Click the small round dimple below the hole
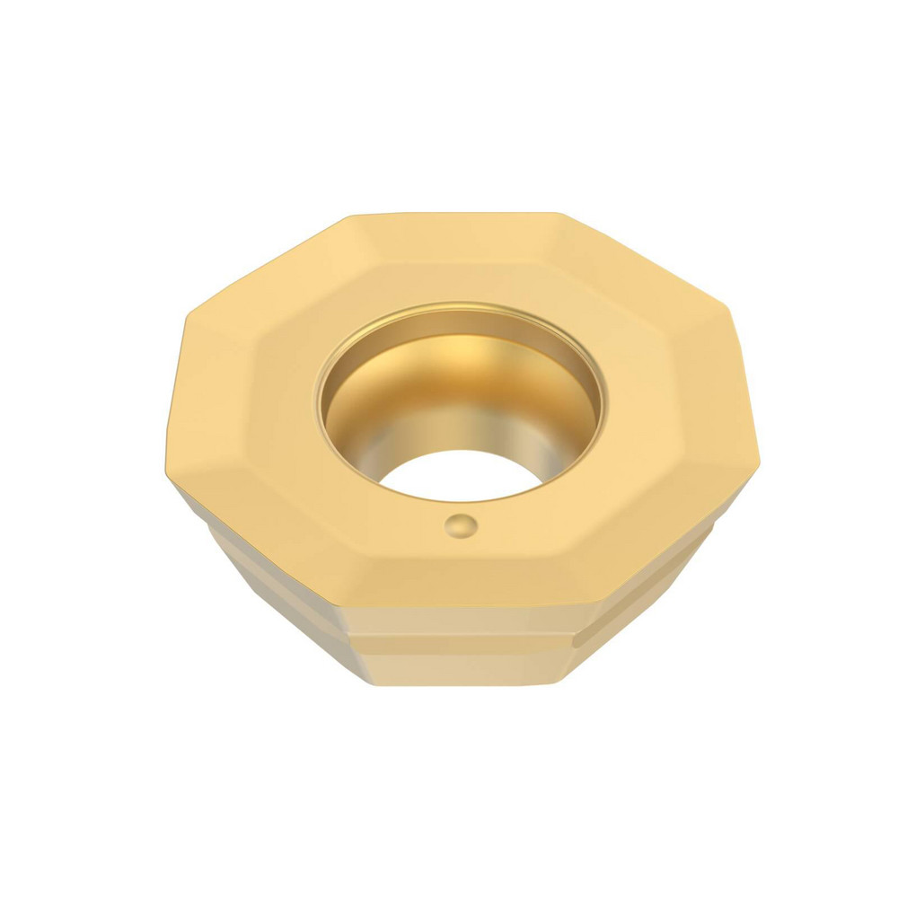461,524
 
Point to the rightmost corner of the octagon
760,459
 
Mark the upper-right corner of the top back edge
560,214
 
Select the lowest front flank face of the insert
458,669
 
